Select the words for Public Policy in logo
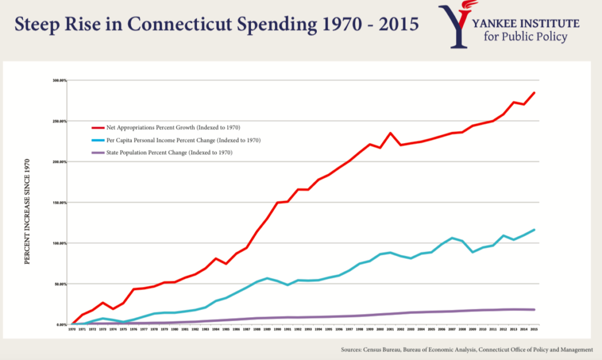[526, 37]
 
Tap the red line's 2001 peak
[390, 133]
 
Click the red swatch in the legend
[98, 127]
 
